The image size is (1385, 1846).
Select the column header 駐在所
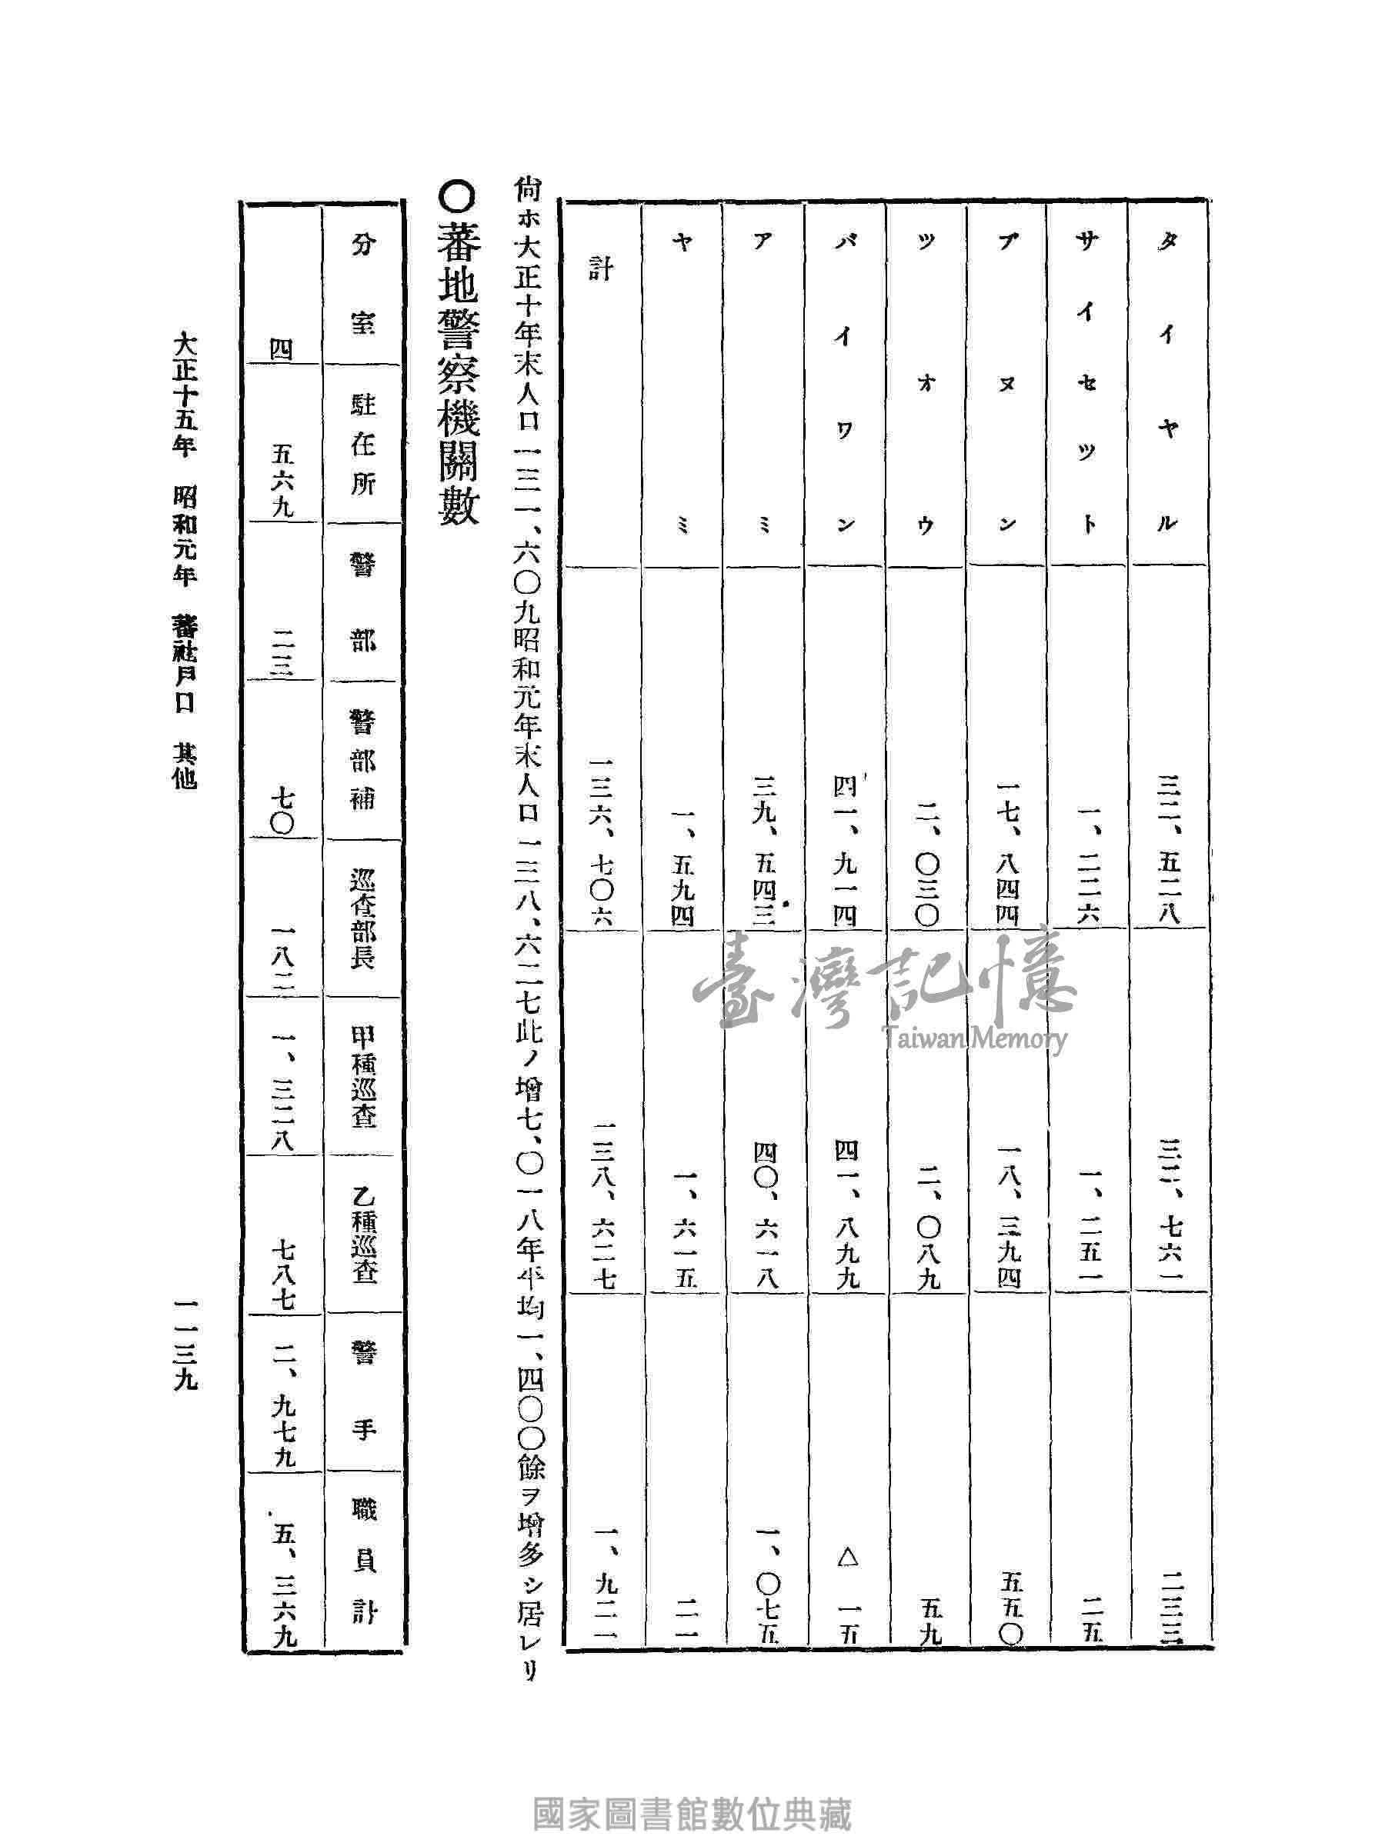click(x=362, y=445)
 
